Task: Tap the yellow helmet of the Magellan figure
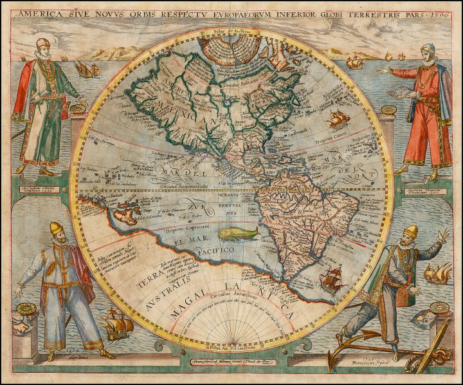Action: pos(55,228)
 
